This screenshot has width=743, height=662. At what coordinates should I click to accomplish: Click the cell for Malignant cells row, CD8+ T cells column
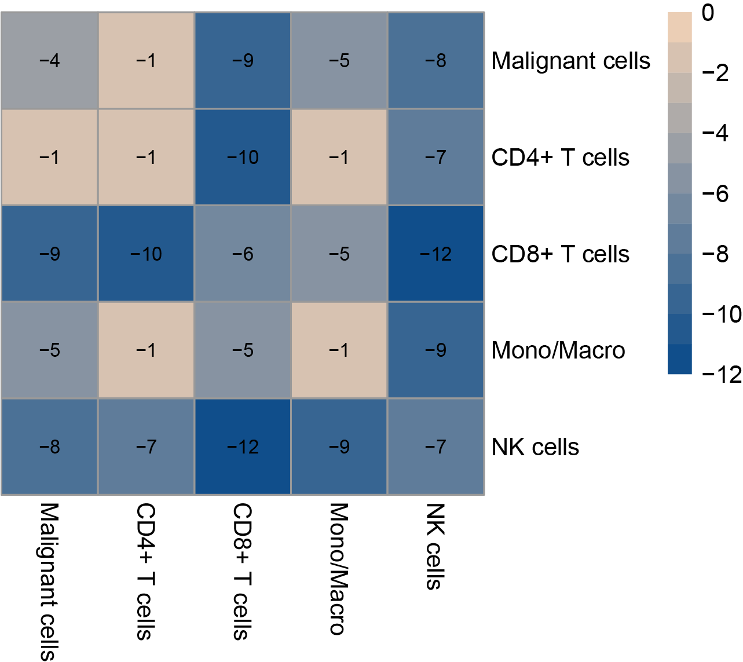pyautogui.click(x=243, y=60)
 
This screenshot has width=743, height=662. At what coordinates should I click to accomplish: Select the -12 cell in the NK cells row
pyautogui.click(x=243, y=447)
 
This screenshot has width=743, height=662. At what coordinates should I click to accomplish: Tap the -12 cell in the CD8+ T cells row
pyautogui.click(x=435, y=254)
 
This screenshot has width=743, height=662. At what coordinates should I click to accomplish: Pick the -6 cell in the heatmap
pyautogui.click(x=243, y=254)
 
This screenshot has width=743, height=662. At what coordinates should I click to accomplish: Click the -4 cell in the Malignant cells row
pyautogui.click(x=50, y=60)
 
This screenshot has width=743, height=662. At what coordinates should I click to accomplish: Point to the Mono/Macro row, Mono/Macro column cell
pyautogui.click(x=339, y=350)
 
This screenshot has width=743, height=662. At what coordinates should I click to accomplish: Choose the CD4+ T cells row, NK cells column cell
pyautogui.click(x=435, y=157)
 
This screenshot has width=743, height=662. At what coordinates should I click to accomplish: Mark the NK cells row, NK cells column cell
pyautogui.click(x=435, y=447)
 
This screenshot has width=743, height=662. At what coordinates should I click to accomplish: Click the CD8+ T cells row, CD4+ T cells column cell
pyautogui.click(x=146, y=254)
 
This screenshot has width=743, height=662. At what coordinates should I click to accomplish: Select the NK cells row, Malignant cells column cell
pyautogui.click(x=50, y=447)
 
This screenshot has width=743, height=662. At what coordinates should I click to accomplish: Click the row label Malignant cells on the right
pyautogui.click(x=570, y=61)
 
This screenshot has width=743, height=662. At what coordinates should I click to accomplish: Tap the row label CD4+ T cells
pyautogui.click(x=560, y=158)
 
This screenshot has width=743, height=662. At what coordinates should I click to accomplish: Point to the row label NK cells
pyautogui.click(x=535, y=447)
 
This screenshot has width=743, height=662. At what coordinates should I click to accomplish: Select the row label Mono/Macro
pyautogui.click(x=558, y=350)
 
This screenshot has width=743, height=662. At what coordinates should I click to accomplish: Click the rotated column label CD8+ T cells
pyautogui.click(x=242, y=571)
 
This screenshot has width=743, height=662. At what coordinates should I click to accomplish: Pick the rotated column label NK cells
pyautogui.click(x=435, y=546)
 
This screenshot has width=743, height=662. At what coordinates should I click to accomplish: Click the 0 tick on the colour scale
pyautogui.click(x=708, y=13)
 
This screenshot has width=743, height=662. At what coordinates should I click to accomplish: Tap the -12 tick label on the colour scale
pyautogui.click(x=721, y=375)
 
